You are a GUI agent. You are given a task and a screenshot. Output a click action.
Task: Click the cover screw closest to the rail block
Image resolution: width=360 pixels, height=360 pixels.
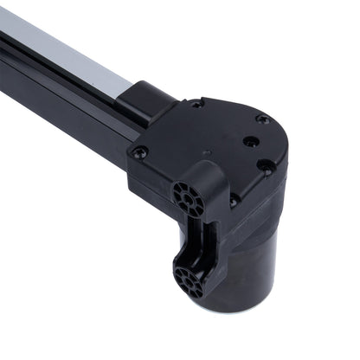(x=196, y=105)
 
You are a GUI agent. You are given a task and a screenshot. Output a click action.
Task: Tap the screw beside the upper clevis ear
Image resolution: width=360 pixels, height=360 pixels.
(x=234, y=200)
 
